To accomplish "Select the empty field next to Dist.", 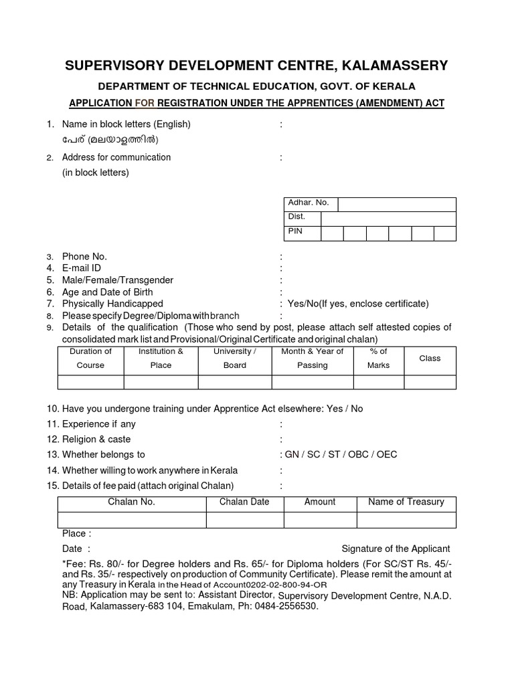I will pyautogui.click(x=388, y=218).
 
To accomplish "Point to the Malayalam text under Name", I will pyautogui.click(x=110, y=140).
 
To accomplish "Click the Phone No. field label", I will pyautogui.click(x=84, y=256).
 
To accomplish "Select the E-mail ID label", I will pyautogui.click(x=82, y=268).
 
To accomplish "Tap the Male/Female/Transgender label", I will pyautogui.click(x=117, y=280).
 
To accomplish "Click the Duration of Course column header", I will pyautogui.click(x=90, y=359).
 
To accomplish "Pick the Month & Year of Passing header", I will pyautogui.click(x=312, y=359).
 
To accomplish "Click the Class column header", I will pyautogui.click(x=430, y=359).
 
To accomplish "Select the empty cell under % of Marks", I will pyautogui.click(x=378, y=382).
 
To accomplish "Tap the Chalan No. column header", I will pyautogui.click(x=131, y=502).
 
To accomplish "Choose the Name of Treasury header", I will pyautogui.click(x=406, y=502).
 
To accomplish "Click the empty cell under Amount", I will pyautogui.click(x=320, y=519).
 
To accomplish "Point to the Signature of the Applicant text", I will pyautogui.click(x=396, y=549).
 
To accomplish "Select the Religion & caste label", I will pyautogui.click(x=96, y=439).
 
